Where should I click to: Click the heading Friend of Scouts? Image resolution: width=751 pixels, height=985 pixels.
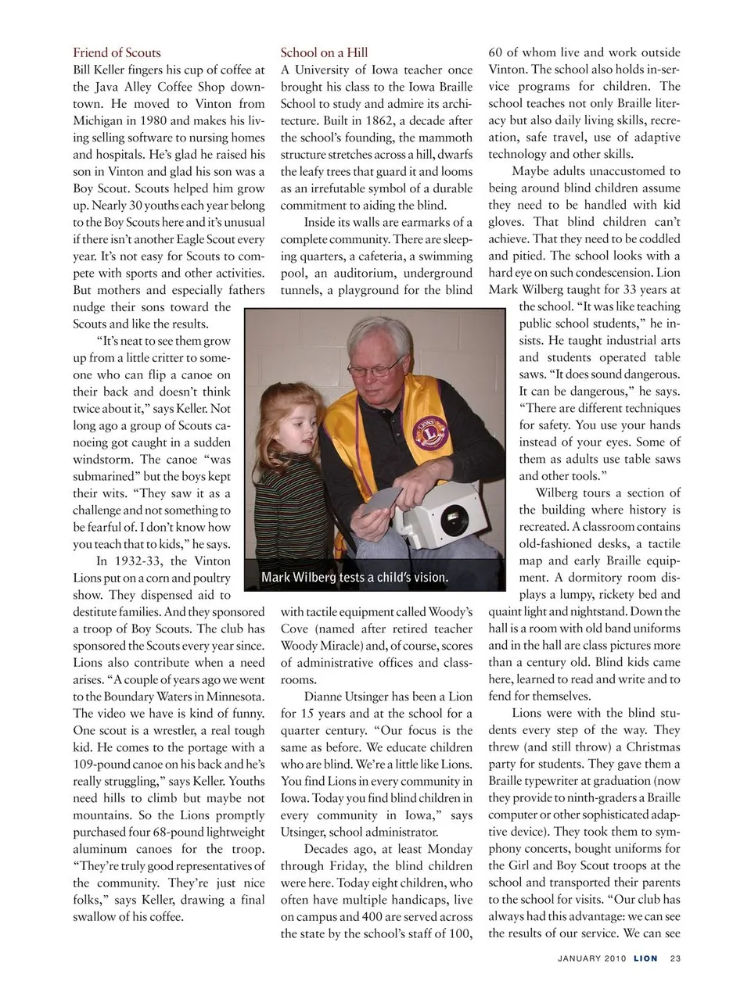coord(117,52)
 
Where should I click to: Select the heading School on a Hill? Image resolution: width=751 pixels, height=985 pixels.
coord(324,52)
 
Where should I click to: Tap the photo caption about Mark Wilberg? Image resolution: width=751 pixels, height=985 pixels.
coord(354,578)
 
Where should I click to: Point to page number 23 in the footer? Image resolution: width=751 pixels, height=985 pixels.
coord(675,958)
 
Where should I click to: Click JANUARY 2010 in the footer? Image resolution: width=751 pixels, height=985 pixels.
coord(591,958)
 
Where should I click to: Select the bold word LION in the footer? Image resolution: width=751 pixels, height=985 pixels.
coord(645,958)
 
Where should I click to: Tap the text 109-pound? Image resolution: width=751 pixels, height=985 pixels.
coord(106,765)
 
